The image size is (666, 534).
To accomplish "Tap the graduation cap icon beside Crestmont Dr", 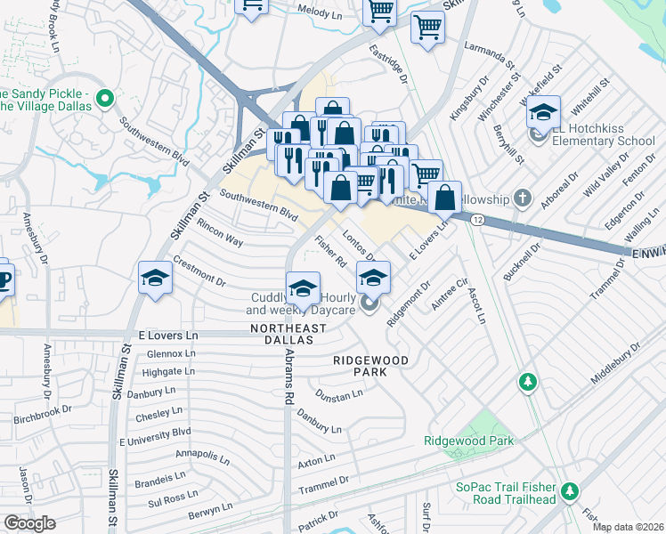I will pyautogui.click(x=155, y=279).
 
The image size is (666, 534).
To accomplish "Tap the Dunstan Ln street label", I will pyautogui.click(x=339, y=392).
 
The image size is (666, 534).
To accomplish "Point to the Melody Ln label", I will pyautogui.click(x=320, y=14).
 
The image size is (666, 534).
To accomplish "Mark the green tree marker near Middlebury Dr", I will pyautogui.click(x=528, y=382).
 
